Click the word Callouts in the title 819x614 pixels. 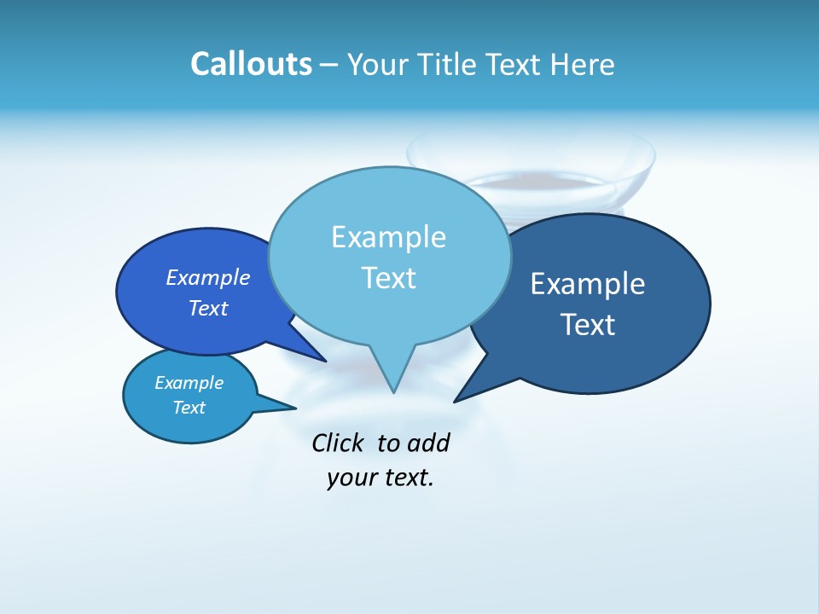[x=251, y=64]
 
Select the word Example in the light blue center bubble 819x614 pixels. [x=388, y=236]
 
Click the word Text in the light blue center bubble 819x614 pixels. [x=388, y=277]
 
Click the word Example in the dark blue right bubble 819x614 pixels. [x=587, y=283]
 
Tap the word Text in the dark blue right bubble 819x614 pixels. [x=587, y=324]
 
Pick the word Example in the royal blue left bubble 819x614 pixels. [x=207, y=277]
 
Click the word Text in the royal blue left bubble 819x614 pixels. [x=207, y=308]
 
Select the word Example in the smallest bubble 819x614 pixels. [x=189, y=383]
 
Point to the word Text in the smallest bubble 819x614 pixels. [x=189, y=408]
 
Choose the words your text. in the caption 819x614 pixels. [x=380, y=478]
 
